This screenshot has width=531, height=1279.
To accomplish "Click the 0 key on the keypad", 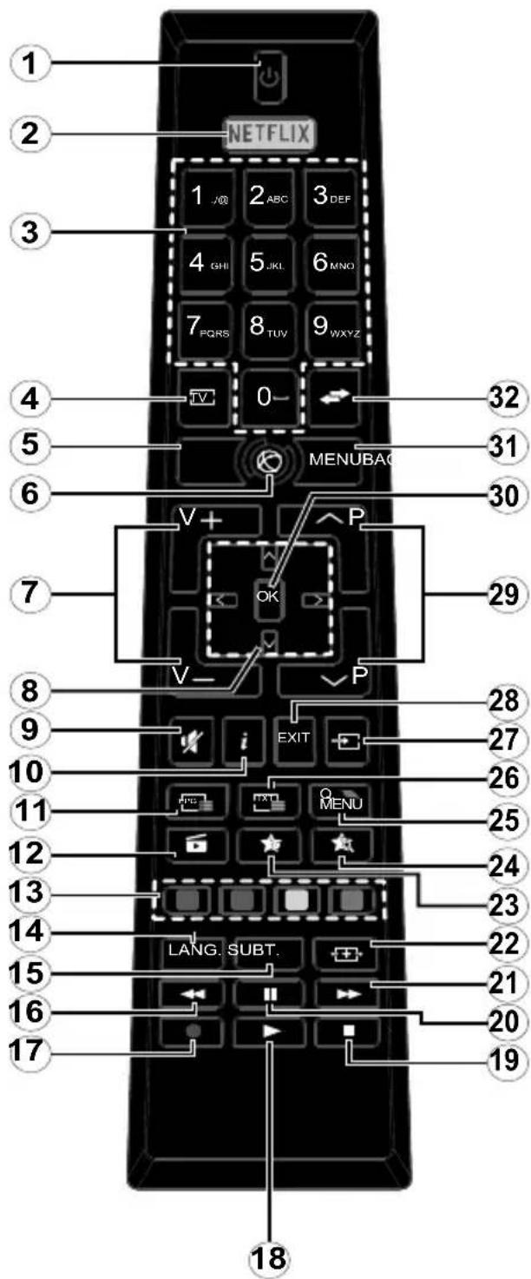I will pyautogui.click(x=266, y=399).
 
